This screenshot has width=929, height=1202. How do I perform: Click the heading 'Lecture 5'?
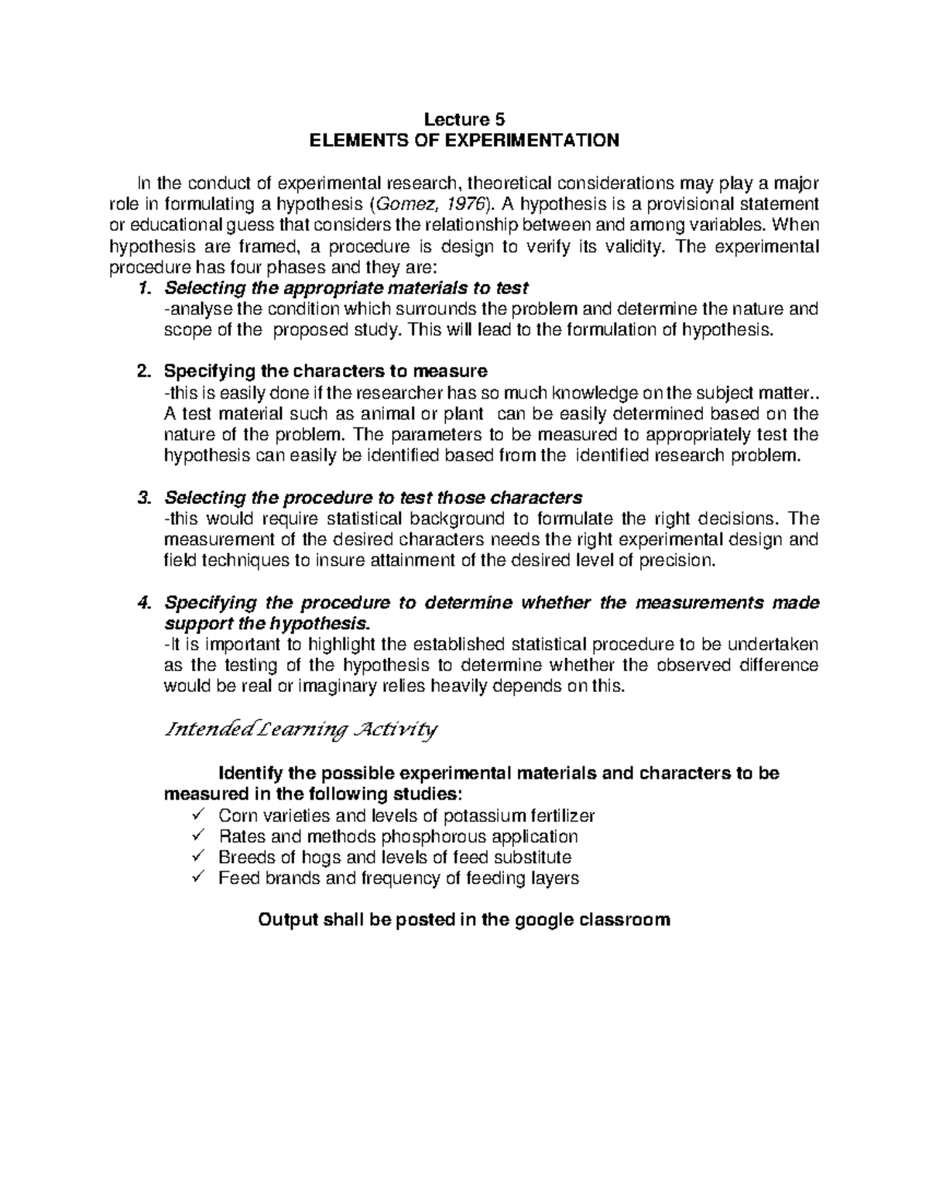point(464,119)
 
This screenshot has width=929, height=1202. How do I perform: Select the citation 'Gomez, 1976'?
point(431,204)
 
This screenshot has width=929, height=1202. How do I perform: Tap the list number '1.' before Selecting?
point(142,289)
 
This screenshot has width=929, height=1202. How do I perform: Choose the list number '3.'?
point(142,497)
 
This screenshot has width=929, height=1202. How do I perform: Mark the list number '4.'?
point(142,603)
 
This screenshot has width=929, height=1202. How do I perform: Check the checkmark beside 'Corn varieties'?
point(197,815)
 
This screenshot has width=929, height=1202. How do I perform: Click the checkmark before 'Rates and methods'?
point(197,836)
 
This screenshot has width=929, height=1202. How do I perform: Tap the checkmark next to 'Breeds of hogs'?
point(197,857)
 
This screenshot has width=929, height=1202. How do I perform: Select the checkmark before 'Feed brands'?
point(197,878)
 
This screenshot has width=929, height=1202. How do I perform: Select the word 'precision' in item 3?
point(677,560)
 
